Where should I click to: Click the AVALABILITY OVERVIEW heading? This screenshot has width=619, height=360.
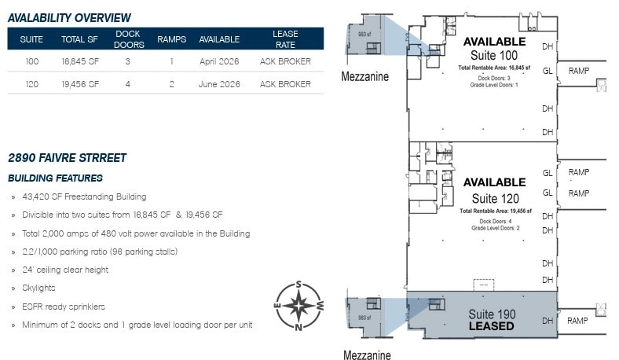[x=69, y=17]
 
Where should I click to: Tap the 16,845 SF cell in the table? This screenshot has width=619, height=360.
[x=80, y=61]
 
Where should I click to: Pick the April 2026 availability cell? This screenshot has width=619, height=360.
[x=219, y=61]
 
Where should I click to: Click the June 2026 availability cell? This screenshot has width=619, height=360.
[x=219, y=84]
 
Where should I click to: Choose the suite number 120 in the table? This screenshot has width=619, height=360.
[x=32, y=84]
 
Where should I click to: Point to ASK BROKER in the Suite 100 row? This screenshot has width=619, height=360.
[x=285, y=61]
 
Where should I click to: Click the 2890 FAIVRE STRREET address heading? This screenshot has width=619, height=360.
[x=67, y=158]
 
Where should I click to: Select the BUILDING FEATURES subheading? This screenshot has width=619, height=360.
[x=55, y=178]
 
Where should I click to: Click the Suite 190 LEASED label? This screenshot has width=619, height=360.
[x=492, y=320]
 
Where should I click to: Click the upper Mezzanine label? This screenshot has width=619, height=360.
[x=364, y=76]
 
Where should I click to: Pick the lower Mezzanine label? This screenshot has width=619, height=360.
[x=367, y=354]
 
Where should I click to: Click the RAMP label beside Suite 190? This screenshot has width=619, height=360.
[x=578, y=321]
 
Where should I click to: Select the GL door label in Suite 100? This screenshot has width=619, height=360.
[x=548, y=71]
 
